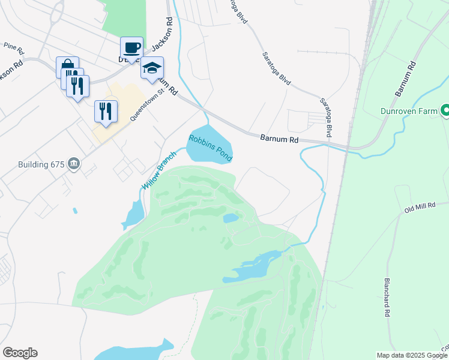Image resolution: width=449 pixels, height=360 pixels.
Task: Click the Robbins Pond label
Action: pyautogui.click(x=211, y=148)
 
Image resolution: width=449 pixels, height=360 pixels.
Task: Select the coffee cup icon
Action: pyautogui.click(x=131, y=48)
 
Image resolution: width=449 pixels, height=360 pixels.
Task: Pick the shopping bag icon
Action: pyautogui.click(x=67, y=67)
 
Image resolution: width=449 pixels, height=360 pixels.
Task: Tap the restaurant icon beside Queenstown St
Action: pyautogui.click(x=106, y=111)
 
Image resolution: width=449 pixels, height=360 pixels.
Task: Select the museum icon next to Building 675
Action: pyautogui.click(x=74, y=163)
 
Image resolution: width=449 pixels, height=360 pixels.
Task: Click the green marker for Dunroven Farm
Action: pyautogui.click(x=446, y=110)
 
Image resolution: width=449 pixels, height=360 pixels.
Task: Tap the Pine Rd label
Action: pyautogui.click(x=13, y=46)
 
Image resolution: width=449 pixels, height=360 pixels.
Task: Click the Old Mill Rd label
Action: pyautogui.click(x=420, y=207)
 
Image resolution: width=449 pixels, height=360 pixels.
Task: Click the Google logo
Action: pyautogui.click(x=20, y=353)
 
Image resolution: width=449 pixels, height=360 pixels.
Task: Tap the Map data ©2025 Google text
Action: pyautogui.click(x=412, y=355)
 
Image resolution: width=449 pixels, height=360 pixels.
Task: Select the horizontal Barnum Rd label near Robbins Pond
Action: pyautogui.click(x=279, y=139)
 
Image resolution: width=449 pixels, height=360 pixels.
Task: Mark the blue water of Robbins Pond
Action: pyautogui.click(x=207, y=136)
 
